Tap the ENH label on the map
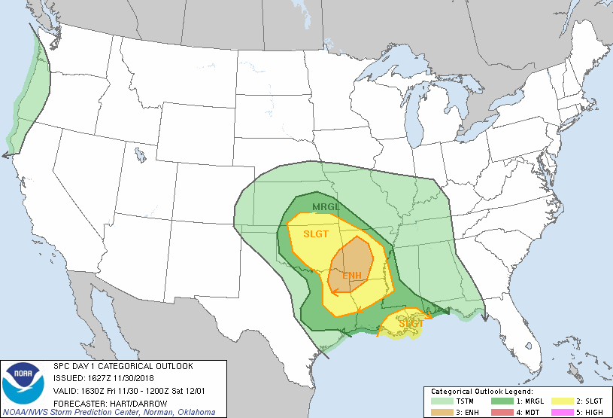pos(352,276)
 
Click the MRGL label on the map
pos(326,207)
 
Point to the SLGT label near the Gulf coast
pos(410,322)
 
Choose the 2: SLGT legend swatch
pos(562,402)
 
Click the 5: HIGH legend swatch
pos(562,411)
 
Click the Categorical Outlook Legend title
pos(481,392)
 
